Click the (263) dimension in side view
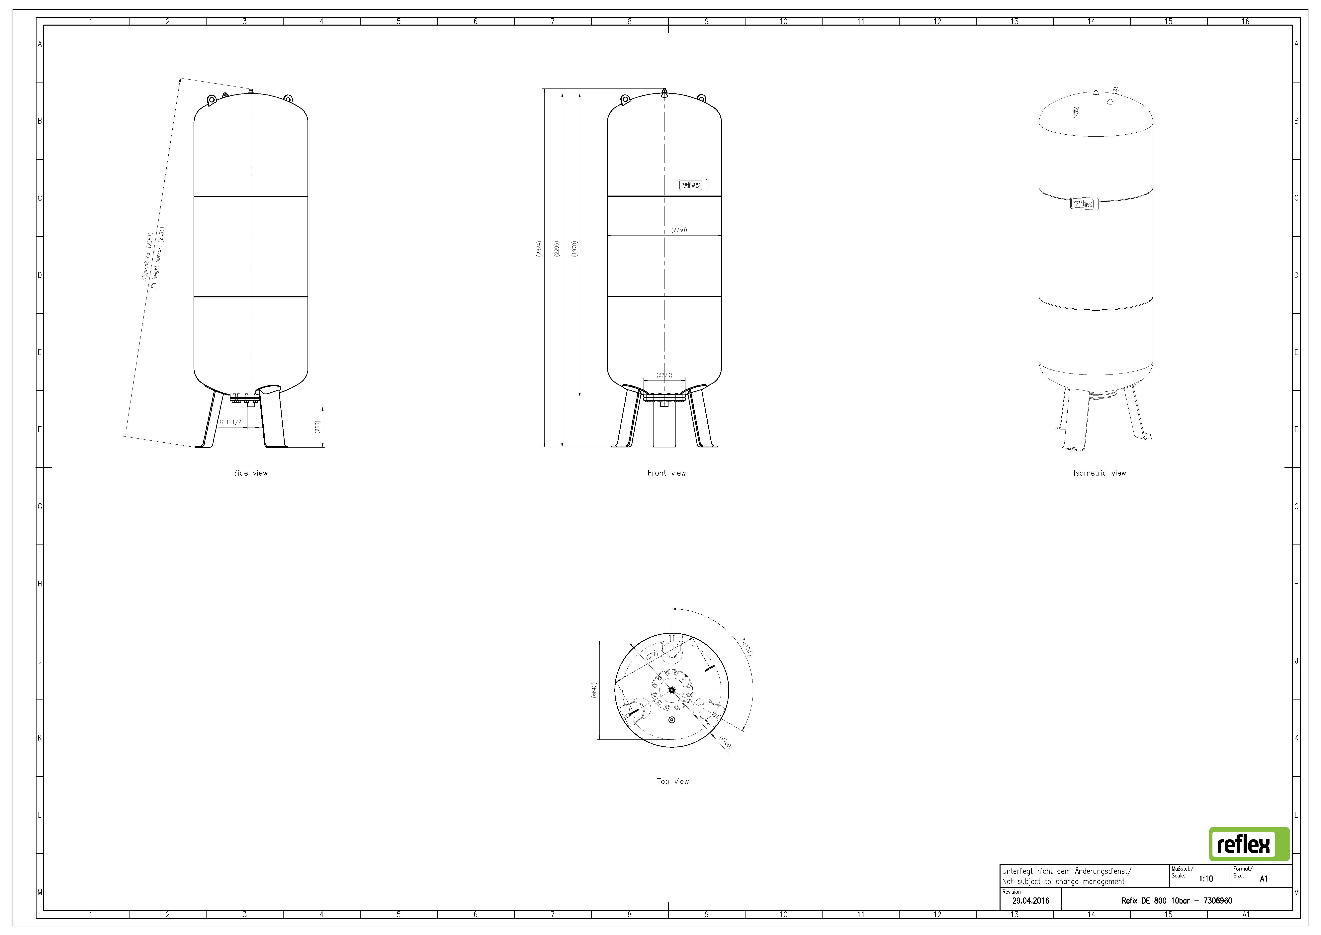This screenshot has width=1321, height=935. click(x=317, y=427)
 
